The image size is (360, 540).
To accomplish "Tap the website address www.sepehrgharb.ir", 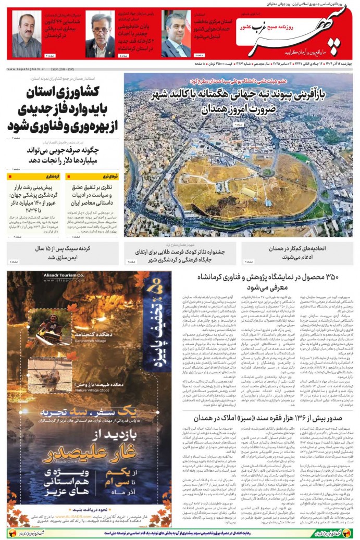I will tap(26, 68).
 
